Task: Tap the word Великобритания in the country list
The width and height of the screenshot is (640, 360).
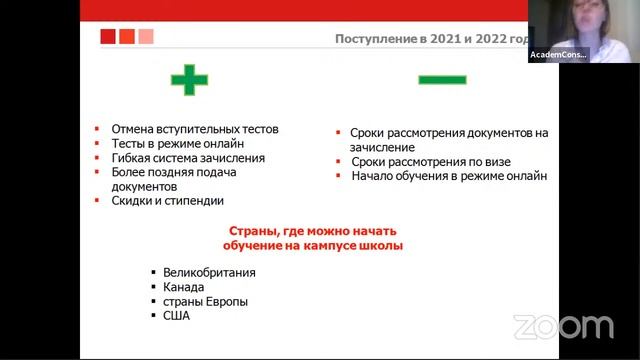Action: pyautogui.click(x=209, y=272)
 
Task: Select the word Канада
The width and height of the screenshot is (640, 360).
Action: pyautogui.click(x=184, y=287)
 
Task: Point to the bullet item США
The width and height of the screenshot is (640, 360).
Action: pyautogui.click(x=176, y=316)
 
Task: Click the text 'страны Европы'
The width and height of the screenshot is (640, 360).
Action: pyautogui.click(x=205, y=301)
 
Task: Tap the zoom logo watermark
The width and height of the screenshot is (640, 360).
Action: pyautogui.click(x=563, y=326)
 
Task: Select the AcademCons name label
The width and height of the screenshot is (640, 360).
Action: pyautogui.click(x=558, y=54)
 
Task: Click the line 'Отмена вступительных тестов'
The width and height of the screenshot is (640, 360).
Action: pyautogui.click(x=194, y=129)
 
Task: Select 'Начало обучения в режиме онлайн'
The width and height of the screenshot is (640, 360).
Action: pyautogui.click(x=449, y=176)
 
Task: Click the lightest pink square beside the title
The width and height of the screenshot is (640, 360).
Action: pyautogui.click(x=146, y=36)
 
